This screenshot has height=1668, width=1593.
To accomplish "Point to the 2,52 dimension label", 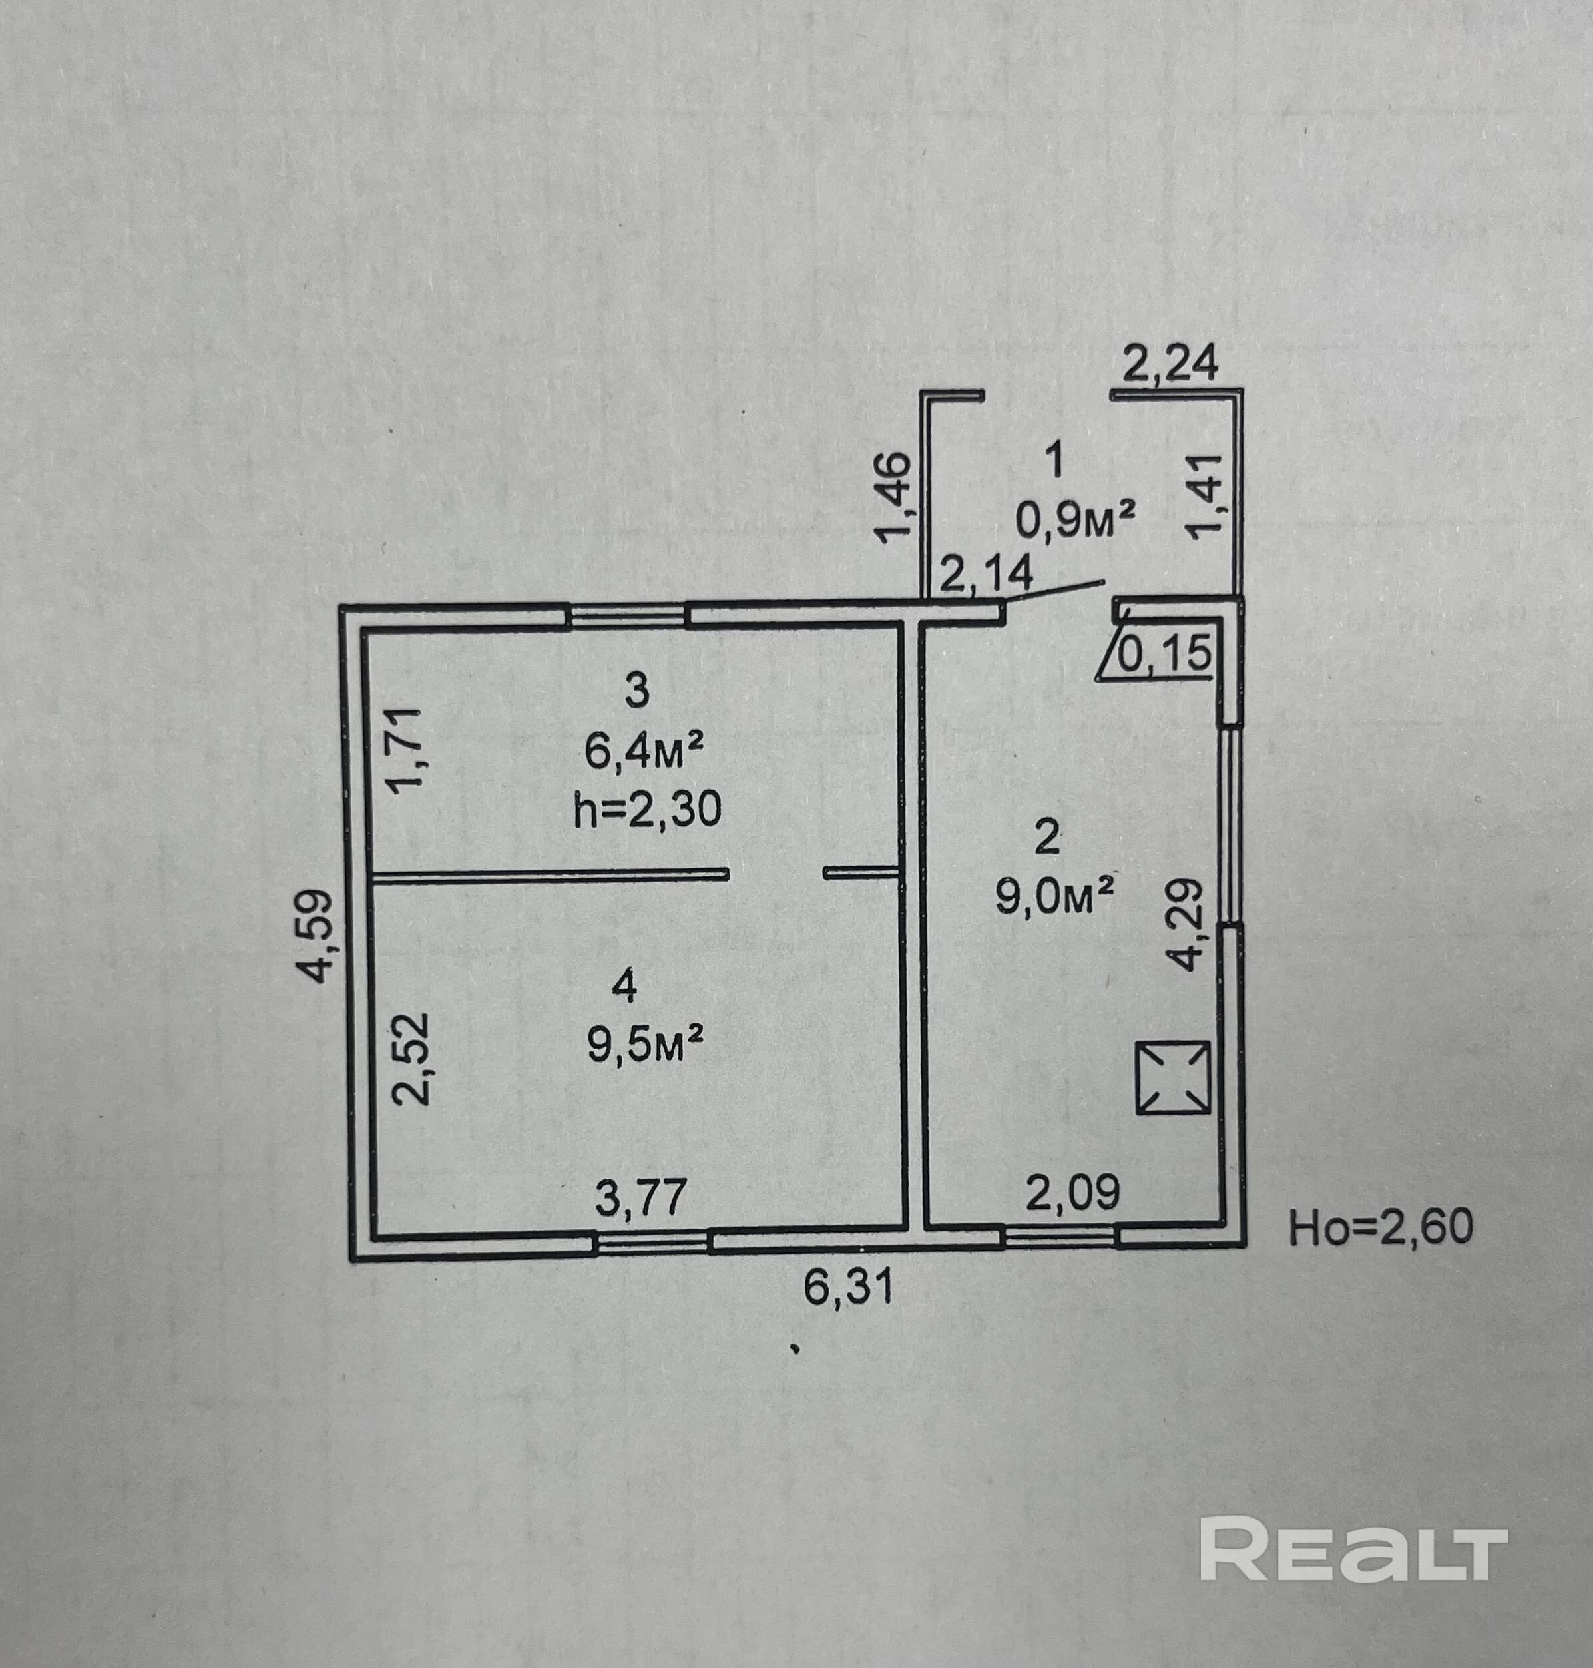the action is click(x=412, y=1057).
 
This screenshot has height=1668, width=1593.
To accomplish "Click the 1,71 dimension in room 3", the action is click(x=405, y=750).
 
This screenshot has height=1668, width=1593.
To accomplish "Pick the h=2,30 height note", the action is click(x=647, y=810).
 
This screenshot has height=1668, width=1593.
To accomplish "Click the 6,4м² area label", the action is click(x=644, y=752).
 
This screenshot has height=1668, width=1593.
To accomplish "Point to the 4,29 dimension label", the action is click(x=1186, y=924).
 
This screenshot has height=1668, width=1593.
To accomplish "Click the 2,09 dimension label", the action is click(x=1072, y=1193).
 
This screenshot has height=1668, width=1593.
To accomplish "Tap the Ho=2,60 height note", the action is click(x=1381, y=1228).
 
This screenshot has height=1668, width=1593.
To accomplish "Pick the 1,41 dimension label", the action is click(x=1206, y=497).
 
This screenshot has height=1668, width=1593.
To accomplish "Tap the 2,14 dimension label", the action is click(x=986, y=573).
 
